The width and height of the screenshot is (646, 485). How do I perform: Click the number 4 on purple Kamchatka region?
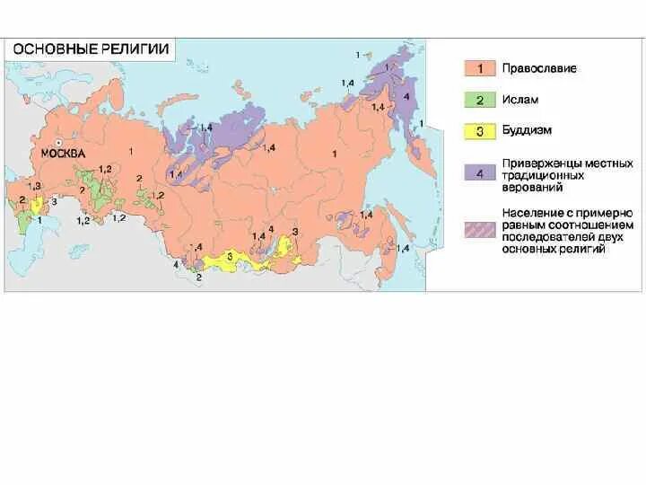click(406, 95)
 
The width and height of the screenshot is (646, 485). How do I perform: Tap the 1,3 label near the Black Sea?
click(36, 185)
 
